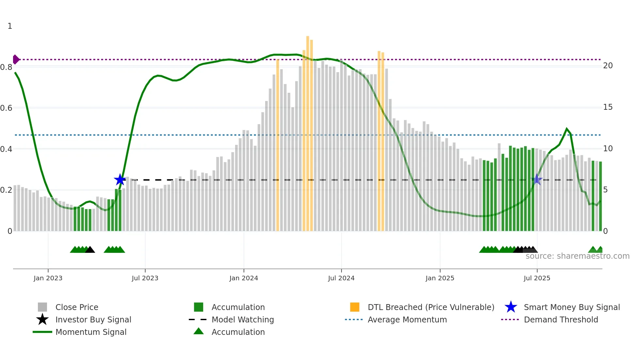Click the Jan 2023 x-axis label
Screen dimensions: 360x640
48,278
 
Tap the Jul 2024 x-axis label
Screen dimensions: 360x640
341,278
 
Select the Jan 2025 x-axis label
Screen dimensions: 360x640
440,278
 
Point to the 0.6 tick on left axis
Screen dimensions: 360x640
6,108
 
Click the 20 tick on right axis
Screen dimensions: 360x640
608,66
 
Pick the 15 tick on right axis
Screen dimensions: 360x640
608,107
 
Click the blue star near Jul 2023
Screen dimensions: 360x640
120,180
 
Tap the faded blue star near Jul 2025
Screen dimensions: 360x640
537,179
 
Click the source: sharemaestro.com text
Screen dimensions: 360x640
577,256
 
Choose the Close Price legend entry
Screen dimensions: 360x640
77,307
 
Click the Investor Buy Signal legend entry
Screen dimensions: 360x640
93,319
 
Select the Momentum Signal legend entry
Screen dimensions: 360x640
91,332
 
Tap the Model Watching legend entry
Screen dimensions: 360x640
243,319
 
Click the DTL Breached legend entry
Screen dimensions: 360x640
431,307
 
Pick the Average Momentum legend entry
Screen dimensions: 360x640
407,319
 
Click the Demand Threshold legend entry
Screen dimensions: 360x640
561,319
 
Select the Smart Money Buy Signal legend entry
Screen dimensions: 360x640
571,307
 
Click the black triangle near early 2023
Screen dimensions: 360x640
90,250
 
